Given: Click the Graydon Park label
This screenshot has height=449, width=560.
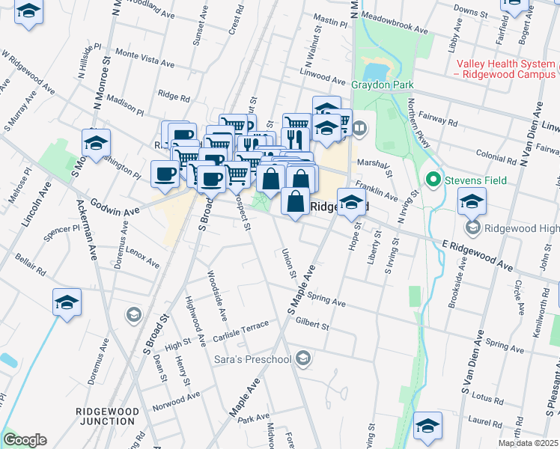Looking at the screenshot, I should [383, 85].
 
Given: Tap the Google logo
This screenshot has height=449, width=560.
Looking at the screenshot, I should [25, 440].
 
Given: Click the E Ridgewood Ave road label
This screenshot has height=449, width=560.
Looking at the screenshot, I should [478, 255].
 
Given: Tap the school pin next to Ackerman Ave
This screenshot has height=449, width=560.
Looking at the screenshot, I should [67, 302].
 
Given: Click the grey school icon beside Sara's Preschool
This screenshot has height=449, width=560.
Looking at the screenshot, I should [302, 359].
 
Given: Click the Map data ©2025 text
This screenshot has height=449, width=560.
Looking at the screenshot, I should [528, 443].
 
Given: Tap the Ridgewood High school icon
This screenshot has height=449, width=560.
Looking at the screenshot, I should [472, 227].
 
